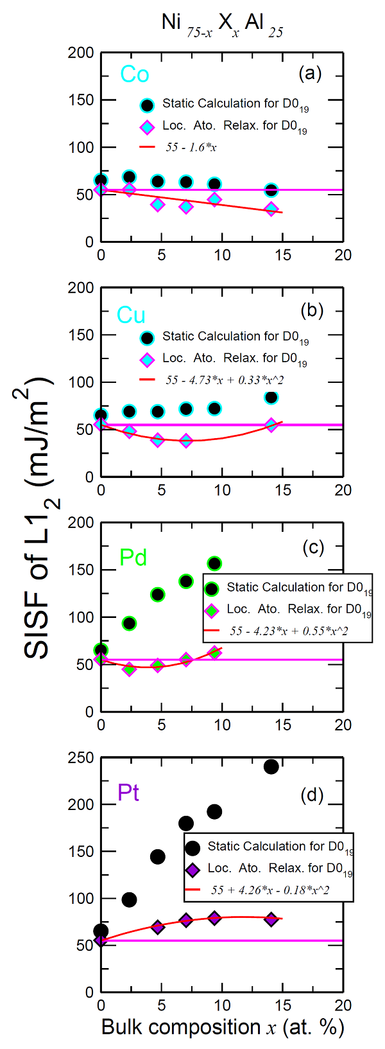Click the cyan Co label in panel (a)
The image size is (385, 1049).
[x=135, y=75]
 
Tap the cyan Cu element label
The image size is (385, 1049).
[x=131, y=315]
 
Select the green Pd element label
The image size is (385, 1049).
[x=133, y=557]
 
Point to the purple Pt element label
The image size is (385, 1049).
[x=128, y=793]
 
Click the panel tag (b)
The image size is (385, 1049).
[x=312, y=310]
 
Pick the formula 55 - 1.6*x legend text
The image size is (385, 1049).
[x=191, y=147]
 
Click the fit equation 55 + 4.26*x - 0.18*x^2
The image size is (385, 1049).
[x=270, y=890]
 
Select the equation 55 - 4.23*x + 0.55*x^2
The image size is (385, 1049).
[x=289, y=631]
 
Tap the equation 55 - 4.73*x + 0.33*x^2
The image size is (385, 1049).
[x=225, y=380]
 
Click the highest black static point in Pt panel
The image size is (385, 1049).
[x=271, y=766]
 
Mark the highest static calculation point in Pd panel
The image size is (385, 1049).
[x=214, y=563]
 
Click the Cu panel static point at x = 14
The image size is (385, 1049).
[x=271, y=398]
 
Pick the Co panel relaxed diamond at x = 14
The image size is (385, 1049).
[x=271, y=209]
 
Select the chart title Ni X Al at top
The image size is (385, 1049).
[x=222, y=24]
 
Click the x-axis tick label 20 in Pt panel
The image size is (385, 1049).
[x=343, y=1005]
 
